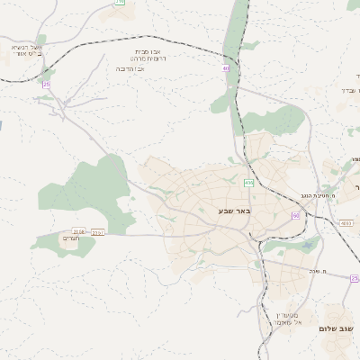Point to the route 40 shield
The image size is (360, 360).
point(226,67)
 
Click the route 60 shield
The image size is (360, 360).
point(295,216)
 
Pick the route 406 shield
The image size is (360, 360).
point(248,183)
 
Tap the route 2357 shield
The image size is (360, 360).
point(98,232)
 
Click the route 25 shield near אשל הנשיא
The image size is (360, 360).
point(46,85)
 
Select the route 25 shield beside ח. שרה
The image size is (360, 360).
point(355,278)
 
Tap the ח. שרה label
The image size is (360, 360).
point(335,273)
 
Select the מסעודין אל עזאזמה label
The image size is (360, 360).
point(284,318)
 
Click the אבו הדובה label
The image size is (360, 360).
point(131,68)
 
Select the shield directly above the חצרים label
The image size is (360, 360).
point(78,230)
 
